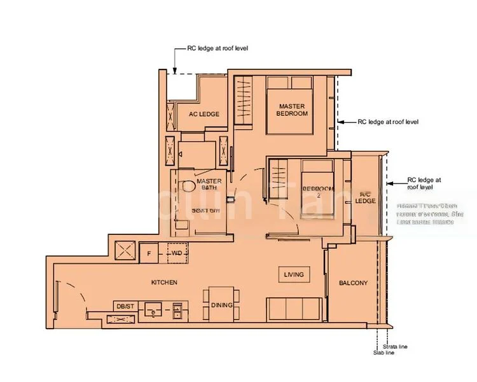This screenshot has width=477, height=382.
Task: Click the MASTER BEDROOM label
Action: click(x=292, y=110)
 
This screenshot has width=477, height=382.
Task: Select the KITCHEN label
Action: click(x=164, y=281)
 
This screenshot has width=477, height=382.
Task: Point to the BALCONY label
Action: click(x=353, y=283)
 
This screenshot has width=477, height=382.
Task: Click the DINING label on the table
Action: click(x=222, y=305)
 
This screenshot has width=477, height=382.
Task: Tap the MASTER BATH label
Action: click(x=209, y=184)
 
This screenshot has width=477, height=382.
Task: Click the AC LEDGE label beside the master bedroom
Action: click(x=204, y=114)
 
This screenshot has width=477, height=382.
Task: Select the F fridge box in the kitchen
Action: click(x=148, y=253)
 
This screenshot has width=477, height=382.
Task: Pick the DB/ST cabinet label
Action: click(x=125, y=306)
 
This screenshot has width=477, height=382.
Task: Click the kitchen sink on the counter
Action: click(x=153, y=311)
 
